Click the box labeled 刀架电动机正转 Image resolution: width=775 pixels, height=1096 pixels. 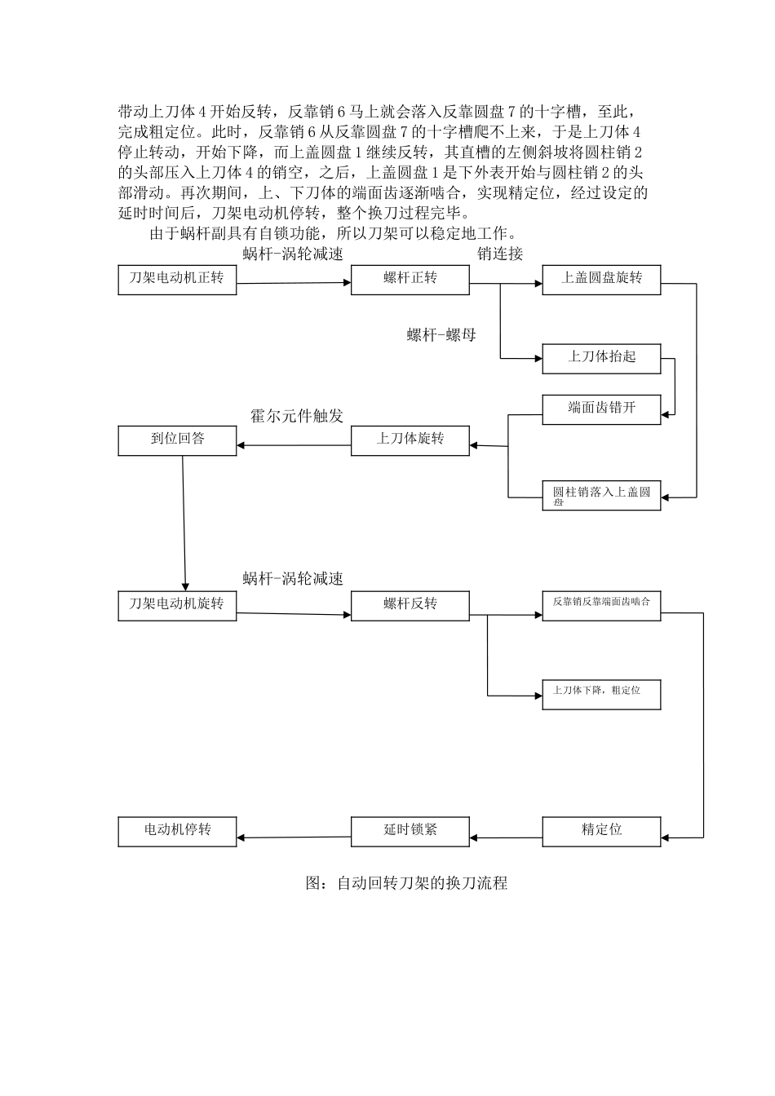pyautogui.click(x=177, y=280)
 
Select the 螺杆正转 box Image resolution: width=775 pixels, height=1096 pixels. pyautogui.click(x=410, y=280)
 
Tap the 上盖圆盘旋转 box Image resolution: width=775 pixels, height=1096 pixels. pyautogui.click(x=601, y=280)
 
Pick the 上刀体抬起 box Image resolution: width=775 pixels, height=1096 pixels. pyautogui.click(x=601, y=359)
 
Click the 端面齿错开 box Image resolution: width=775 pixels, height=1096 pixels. pyautogui.click(x=601, y=409)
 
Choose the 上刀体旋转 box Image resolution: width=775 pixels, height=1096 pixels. pyautogui.click(x=410, y=440)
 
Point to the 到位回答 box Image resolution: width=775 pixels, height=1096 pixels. pyautogui.click(x=177, y=440)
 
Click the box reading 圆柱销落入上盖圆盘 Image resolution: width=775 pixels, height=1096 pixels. pyautogui.click(x=601, y=496)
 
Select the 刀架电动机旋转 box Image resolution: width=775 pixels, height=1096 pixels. pyautogui.click(x=177, y=606)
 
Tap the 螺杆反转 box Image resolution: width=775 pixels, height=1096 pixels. pyautogui.click(x=410, y=606)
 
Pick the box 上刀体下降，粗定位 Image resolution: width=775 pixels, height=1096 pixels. pyautogui.click(x=601, y=694)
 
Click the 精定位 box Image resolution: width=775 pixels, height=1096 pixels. pyautogui.click(x=601, y=830)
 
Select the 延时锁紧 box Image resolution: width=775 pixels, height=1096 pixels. pyautogui.click(x=410, y=831)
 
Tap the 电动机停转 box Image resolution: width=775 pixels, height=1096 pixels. pyautogui.click(x=177, y=831)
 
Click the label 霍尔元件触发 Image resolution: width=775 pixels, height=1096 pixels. pyautogui.click(x=297, y=416)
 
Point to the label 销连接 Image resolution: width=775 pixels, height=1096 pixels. pyautogui.click(x=500, y=254)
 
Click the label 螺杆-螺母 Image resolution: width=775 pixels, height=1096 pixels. pyautogui.click(x=441, y=334)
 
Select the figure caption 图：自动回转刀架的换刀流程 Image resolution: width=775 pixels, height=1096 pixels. pyautogui.click(x=406, y=883)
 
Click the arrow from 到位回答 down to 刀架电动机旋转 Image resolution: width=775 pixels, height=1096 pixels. pyautogui.click(x=184, y=522)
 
